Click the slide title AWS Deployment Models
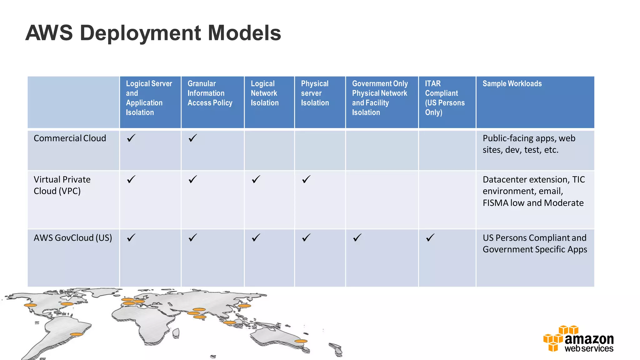coord(153,33)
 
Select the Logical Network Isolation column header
coord(264,93)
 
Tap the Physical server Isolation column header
coord(315,93)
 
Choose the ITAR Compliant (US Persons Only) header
coord(444,98)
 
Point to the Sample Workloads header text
coord(512,83)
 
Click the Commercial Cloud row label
coord(70,138)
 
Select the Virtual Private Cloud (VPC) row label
coord(62,185)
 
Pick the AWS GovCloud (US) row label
coord(72,238)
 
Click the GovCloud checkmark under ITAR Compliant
coord(430,237)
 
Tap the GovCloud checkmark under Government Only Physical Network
coord(357,237)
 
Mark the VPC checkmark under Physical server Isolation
coord(306,179)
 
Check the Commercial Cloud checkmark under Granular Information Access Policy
coord(193,138)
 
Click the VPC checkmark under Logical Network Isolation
coord(256,179)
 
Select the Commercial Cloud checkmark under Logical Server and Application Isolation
coord(131,138)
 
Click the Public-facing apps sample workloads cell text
coord(529,144)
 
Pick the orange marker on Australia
coord(301,341)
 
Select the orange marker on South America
coord(76,334)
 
